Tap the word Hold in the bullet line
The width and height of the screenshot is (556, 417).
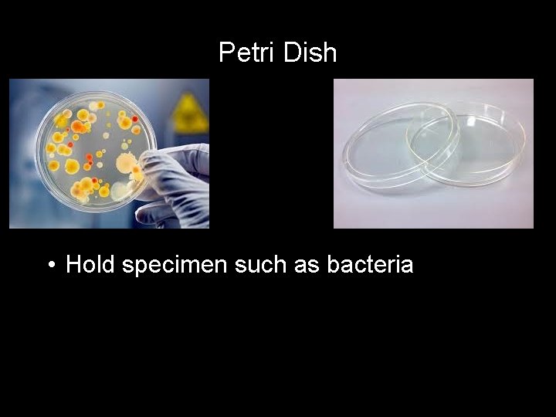91,265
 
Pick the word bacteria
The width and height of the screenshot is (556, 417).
371,265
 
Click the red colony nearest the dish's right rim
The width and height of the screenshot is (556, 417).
135,120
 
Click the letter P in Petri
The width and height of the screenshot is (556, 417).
225,53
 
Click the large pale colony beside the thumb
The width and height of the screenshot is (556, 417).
125,163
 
